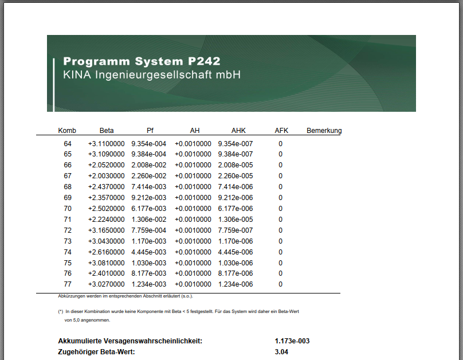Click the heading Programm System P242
142,61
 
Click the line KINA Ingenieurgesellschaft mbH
152,76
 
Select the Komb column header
67,131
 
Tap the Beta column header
107,131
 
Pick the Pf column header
150,131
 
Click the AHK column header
238,131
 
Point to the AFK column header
281,131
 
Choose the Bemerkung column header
324,131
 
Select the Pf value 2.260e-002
149,176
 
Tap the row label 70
68,209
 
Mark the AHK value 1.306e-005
236,220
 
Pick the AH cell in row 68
193,187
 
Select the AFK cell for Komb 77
281,284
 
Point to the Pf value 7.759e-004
149,230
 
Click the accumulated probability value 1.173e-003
292,341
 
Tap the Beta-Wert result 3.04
281,352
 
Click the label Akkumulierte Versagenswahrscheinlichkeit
130,341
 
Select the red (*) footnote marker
60,312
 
